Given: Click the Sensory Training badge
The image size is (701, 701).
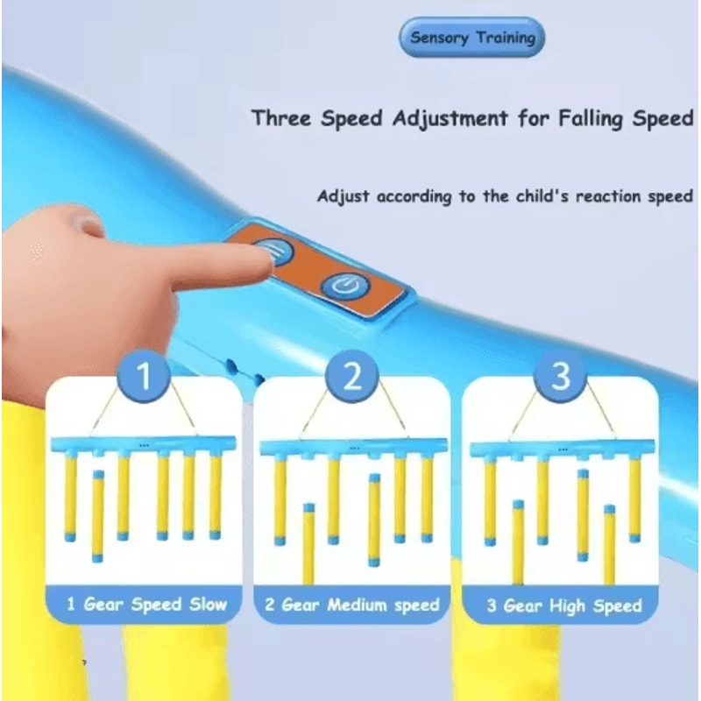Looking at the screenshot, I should coord(472,39).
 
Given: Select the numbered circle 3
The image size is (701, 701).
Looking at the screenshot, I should coord(561,377).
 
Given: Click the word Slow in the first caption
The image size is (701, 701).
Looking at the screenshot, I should coord(208,604).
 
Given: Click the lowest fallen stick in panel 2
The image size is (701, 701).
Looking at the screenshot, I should coord(308,543).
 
